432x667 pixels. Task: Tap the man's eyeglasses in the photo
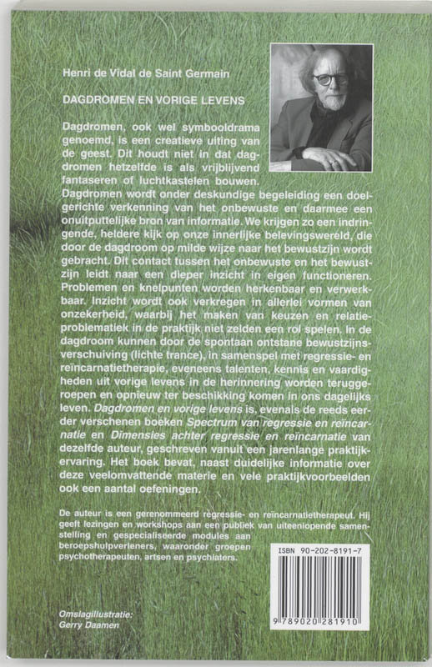coord(330,79)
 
